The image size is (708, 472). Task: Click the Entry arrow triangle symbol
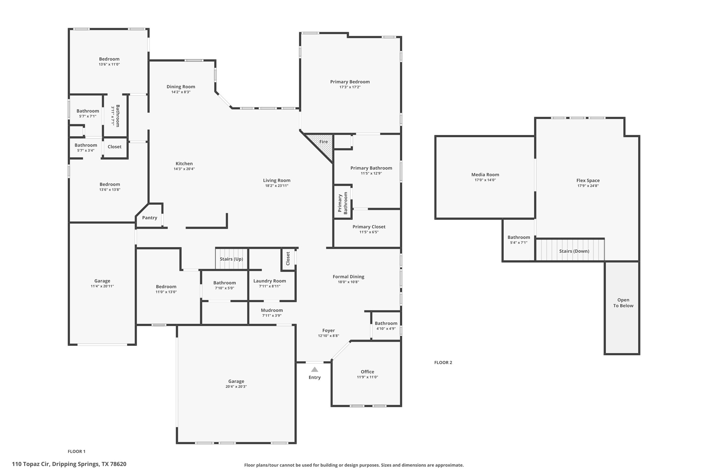[314, 370]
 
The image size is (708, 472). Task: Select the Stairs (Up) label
[231, 259]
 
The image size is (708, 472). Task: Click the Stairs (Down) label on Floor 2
[574, 251]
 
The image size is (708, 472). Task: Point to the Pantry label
[150, 218]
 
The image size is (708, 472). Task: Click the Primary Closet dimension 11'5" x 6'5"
[369, 232]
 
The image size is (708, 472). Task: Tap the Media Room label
[485, 175]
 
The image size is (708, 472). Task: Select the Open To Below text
[623, 303]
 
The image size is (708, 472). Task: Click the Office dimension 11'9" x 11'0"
[367, 377]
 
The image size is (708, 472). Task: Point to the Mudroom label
[272, 310]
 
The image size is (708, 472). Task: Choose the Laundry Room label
[270, 281]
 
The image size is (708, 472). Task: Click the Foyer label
[328, 331]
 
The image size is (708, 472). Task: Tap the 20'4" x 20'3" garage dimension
[236, 387]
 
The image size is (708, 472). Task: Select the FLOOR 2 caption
[443, 362]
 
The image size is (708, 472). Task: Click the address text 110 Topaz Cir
[31, 464]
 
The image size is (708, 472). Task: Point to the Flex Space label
[588, 181]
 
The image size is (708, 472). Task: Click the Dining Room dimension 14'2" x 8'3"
[181, 92]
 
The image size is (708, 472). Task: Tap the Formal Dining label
[348, 277]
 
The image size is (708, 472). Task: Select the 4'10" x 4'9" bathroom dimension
[386, 329]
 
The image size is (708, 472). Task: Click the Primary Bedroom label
[350, 82]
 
